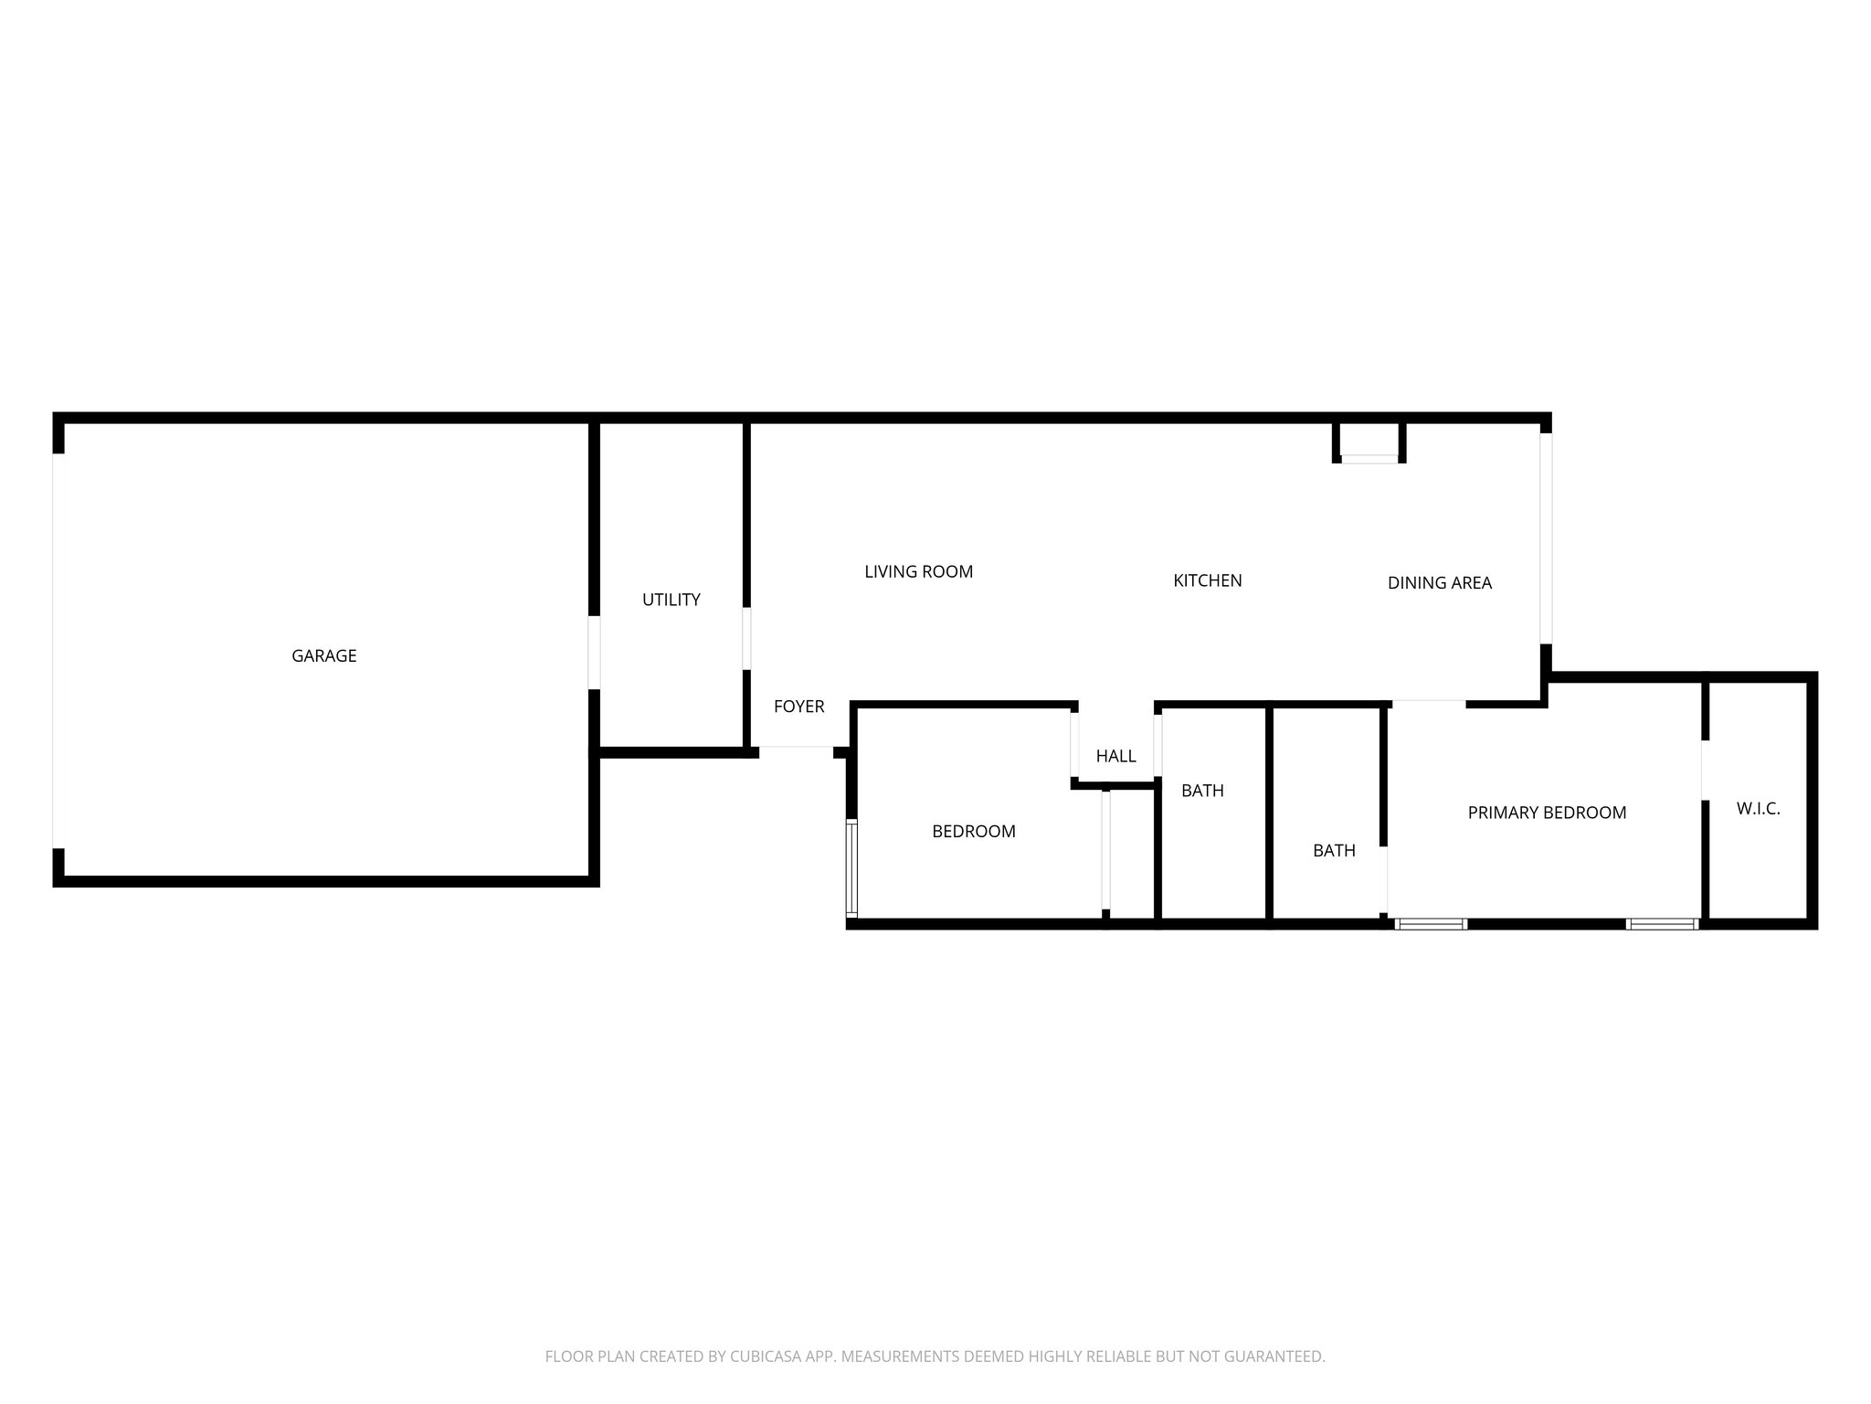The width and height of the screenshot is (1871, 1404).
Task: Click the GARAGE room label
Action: pyautogui.click(x=323, y=655)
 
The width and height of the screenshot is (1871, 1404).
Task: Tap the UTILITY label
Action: pyautogui.click(x=671, y=600)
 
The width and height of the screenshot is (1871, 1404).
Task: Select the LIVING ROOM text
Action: pyautogui.click(x=918, y=571)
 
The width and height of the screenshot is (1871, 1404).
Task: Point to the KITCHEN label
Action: pyautogui.click(x=1207, y=580)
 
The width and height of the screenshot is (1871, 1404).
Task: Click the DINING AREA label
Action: pyautogui.click(x=1439, y=582)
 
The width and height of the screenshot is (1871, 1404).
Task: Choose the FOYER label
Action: pyautogui.click(x=798, y=706)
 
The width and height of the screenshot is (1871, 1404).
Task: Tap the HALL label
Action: pyautogui.click(x=1115, y=756)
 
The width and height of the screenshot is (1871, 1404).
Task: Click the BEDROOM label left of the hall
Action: pyautogui.click(x=973, y=831)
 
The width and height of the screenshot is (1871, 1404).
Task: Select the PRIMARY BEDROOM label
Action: pyautogui.click(x=1546, y=813)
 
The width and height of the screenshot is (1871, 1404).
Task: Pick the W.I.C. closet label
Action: pyautogui.click(x=1757, y=809)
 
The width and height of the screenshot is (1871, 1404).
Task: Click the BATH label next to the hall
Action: pyautogui.click(x=1201, y=791)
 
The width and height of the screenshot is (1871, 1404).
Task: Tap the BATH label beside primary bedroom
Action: pyautogui.click(x=1333, y=850)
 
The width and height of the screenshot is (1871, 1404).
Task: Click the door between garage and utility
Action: pyautogui.click(x=594, y=652)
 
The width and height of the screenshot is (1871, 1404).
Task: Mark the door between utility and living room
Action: pyautogui.click(x=746, y=638)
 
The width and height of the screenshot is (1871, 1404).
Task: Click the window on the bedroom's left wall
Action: pyautogui.click(x=852, y=868)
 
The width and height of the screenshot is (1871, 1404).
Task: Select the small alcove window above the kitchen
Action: pyautogui.click(x=1369, y=459)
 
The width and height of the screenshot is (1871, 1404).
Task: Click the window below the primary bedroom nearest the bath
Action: pyautogui.click(x=1431, y=924)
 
